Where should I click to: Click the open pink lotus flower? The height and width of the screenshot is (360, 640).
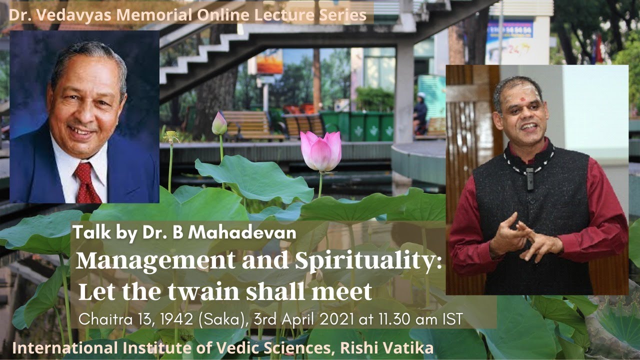point(321,151)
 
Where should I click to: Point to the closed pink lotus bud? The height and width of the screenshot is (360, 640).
point(219,123)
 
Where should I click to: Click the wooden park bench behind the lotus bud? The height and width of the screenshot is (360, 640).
point(248,125)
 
